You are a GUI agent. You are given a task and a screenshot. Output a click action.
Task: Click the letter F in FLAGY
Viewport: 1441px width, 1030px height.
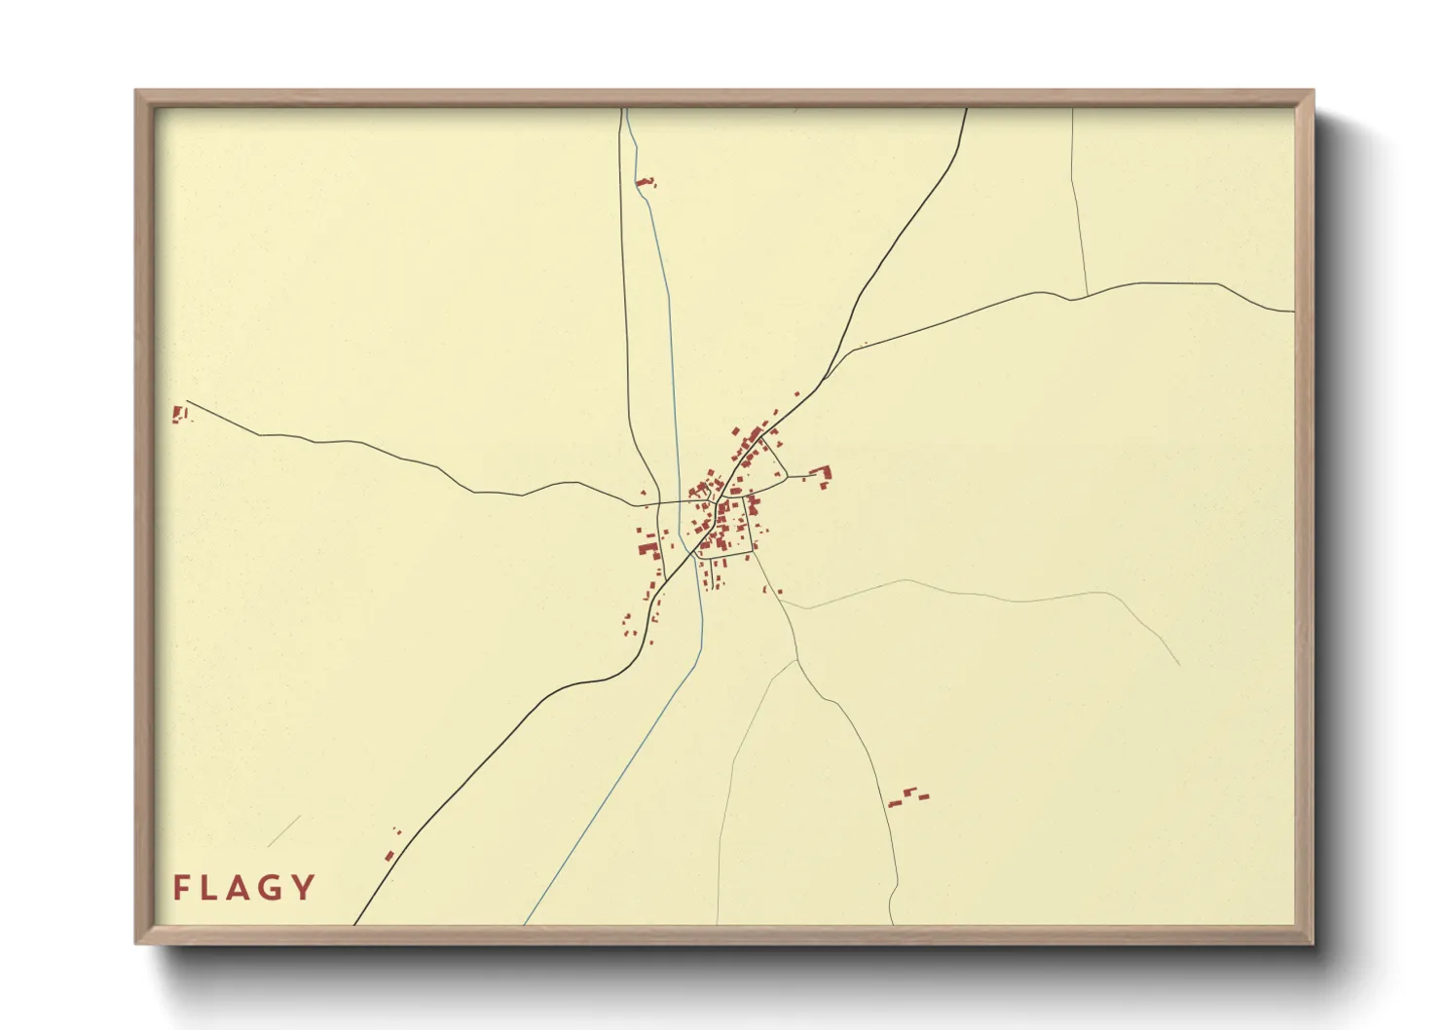[x=180, y=887]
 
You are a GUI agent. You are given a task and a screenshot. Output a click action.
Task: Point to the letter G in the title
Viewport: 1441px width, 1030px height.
[x=274, y=887]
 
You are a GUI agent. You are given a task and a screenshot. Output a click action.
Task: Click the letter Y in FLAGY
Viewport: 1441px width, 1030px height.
[x=305, y=887]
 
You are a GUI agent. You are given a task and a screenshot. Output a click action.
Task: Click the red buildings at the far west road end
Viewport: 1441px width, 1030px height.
[x=178, y=414]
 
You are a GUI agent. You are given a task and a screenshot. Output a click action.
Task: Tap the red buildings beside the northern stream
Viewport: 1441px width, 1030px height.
[x=645, y=182]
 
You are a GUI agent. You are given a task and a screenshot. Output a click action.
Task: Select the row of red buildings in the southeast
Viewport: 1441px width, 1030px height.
[x=908, y=796]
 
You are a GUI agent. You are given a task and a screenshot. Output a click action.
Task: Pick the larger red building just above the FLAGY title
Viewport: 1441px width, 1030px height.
[x=388, y=856]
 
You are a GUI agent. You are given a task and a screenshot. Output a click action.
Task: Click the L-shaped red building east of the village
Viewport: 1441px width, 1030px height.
[x=823, y=474]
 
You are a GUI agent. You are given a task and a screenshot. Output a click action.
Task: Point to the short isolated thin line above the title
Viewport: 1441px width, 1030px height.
[x=283, y=831]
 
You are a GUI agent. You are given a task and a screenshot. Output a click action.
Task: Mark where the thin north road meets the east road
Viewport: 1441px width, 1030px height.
[x=1087, y=295]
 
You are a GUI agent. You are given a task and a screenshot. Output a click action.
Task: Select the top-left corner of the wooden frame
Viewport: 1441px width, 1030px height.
[x=136, y=92]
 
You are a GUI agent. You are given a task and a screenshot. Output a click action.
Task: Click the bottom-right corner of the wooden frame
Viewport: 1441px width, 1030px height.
[x=1312, y=942]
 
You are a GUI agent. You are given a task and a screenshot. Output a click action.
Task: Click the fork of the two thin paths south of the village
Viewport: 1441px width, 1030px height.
[x=796, y=661]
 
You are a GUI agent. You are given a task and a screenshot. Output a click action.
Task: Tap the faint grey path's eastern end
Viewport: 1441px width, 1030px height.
[x=1179, y=666]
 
